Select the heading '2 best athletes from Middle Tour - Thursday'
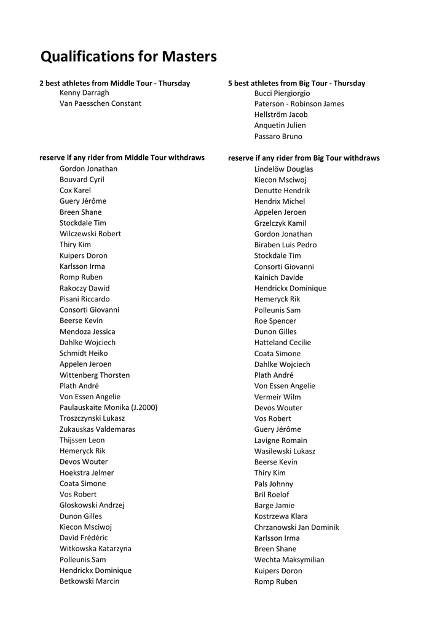pyautogui.click(x=115, y=83)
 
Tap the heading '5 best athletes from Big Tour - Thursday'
pyautogui.click(x=296, y=83)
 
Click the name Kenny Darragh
pyautogui.click(x=84, y=93)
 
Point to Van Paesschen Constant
pyautogui.click(x=100, y=103)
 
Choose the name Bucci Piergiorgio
pyautogui.click(x=282, y=93)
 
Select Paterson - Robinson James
pyautogui.click(x=299, y=104)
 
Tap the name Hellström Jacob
pyautogui.click(x=281, y=114)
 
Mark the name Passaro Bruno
pyautogui.click(x=278, y=137)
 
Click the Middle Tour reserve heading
pyautogui.click(x=122, y=157)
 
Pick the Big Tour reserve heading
pyautogui.click(x=304, y=158)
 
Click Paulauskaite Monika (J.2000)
pyautogui.click(x=108, y=407)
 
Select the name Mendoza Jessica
pyautogui.click(x=87, y=332)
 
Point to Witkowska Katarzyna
pyautogui.click(x=95, y=549)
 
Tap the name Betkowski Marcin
pyautogui.click(x=90, y=581)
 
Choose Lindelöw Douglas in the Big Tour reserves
pyautogui.click(x=284, y=169)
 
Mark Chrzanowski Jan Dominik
pyautogui.click(x=297, y=527)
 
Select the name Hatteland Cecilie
pyautogui.click(x=283, y=343)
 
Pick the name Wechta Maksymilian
pyautogui.click(x=289, y=560)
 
